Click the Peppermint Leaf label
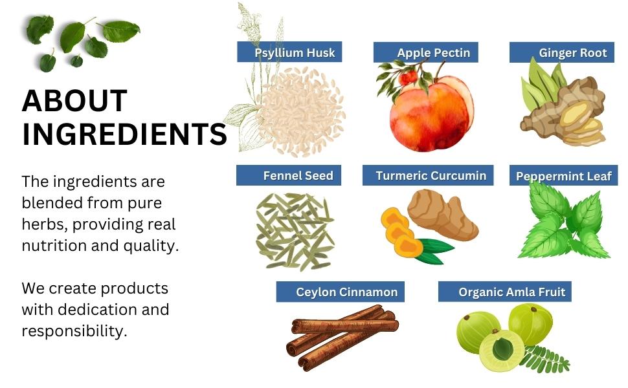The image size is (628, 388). pyautogui.click(x=563, y=176)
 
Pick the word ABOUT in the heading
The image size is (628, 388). pyautogui.click(x=74, y=101)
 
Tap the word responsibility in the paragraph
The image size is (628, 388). pyautogui.click(x=73, y=331)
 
